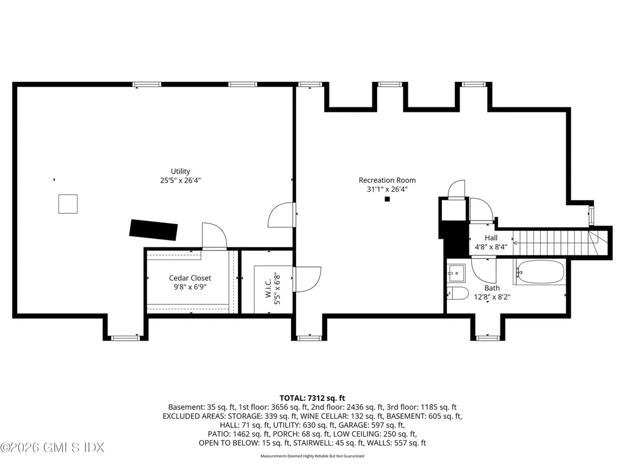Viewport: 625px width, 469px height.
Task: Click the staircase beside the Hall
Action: pyautogui.click(x=558, y=242)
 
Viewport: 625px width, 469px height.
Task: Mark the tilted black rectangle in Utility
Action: pyautogui.click(x=153, y=230)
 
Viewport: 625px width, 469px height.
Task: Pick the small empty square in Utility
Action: pyautogui.click(x=68, y=204)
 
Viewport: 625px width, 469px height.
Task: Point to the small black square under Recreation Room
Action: pyautogui.click(x=387, y=199)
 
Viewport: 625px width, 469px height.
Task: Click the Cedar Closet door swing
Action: pyautogui.click(x=214, y=236)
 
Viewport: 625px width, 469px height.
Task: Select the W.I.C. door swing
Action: pyautogui.click(x=308, y=279)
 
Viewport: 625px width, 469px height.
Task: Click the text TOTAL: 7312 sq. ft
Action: pyautogui.click(x=312, y=398)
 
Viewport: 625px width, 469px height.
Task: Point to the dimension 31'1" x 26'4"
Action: pyautogui.click(x=387, y=189)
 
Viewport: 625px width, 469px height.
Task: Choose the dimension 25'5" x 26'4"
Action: pyautogui.click(x=180, y=180)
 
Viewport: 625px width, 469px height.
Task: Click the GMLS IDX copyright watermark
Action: pyautogui.click(x=52, y=448)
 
